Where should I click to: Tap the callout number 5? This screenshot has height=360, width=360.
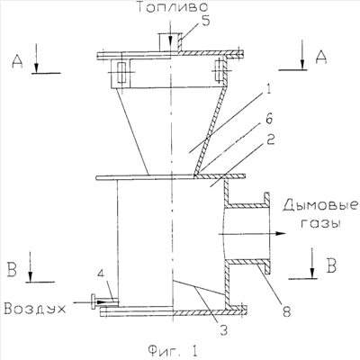[x=205, y=22]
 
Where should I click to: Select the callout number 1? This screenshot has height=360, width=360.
[x=268, y=90]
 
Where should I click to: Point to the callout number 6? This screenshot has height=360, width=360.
[x=268, y=119]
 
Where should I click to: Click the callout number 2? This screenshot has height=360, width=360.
[x=270, y=139]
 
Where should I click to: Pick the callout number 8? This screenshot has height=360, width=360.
[x=286, y=311]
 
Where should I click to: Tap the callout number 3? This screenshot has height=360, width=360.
[x=223, y=330]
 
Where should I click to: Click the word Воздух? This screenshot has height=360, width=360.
[x=35, y=309]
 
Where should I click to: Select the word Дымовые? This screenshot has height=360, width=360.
[x=320, y=206]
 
